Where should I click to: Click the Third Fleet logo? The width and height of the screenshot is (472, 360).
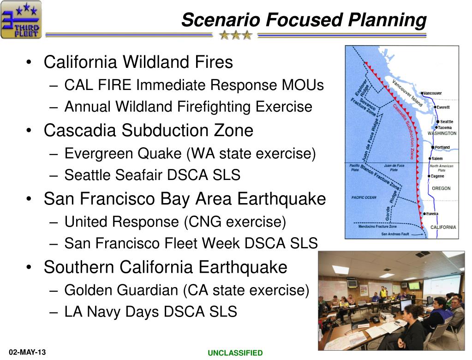tap(21, 20)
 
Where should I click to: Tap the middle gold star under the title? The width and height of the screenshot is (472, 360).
tap(236, 35)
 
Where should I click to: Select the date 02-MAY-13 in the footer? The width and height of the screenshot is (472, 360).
tap(27, 352)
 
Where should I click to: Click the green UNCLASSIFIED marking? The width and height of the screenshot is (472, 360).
tap(235, 353)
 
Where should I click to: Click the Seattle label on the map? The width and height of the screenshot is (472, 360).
tap(447, 121)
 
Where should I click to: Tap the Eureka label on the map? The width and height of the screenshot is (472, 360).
tap(432, 214)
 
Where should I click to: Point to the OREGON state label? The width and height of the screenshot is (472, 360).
tap(441, 188)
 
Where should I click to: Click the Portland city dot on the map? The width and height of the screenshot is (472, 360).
tap(433, 148)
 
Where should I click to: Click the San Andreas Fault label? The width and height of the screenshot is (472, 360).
tap(395, 234)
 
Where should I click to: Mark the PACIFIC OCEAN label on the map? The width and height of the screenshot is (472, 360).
tap(364, 198)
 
